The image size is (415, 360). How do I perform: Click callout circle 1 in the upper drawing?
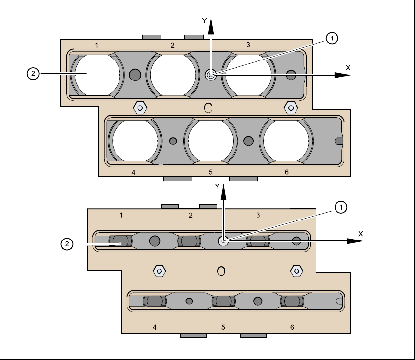(331, 38)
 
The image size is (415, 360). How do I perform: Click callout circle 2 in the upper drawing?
(33, 74)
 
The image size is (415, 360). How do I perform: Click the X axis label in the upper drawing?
(348, 68)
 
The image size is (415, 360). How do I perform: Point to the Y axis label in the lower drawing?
(218, 187)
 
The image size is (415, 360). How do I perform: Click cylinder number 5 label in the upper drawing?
(211, 172)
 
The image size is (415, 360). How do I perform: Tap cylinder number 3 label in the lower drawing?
(258, 215)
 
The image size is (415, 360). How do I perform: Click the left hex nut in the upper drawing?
(140, 107)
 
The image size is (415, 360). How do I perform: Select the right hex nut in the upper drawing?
(291, 107)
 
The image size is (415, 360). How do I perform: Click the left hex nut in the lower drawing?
(158, 270)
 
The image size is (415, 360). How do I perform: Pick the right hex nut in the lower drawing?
(296, 270)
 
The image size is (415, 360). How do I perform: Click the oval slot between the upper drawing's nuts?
(209, 108)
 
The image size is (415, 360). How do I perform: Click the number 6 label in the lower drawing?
(292, 327)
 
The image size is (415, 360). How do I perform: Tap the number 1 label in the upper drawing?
(97, 45)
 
